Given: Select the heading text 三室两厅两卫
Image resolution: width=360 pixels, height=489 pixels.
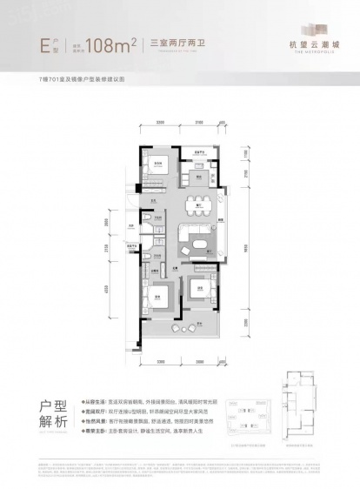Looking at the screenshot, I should (175, 39).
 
